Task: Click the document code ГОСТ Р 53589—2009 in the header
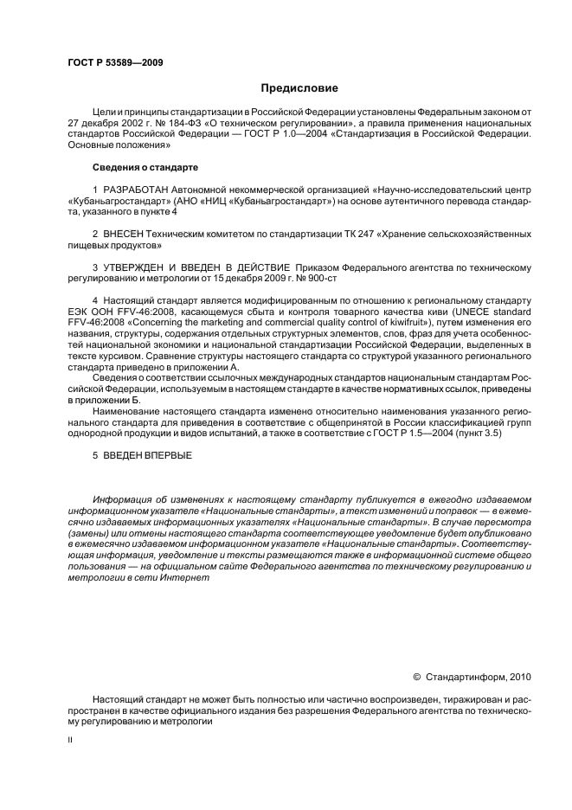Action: pos(115,63)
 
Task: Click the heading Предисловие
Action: pos(299,88)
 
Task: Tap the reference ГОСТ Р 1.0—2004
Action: pos(290,135)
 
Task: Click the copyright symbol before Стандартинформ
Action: pos(416,677)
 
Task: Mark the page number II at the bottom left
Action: pos(70,741)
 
